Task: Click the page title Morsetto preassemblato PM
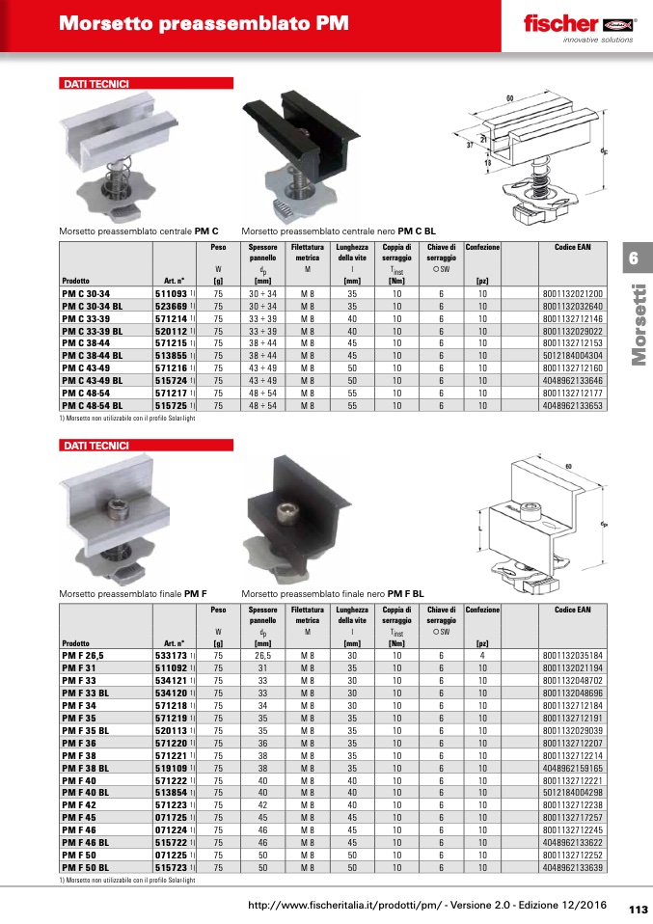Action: click(204, 23)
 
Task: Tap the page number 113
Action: click(639, 910)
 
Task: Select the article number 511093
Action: click(171, 293)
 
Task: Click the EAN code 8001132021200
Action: click(572, 293)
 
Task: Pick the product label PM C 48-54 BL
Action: click(93, 406)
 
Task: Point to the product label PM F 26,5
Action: click(83, 655)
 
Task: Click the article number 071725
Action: click(171, 817)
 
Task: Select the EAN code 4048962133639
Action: click(572, 867)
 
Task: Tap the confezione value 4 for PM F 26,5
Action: click(482, 655)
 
